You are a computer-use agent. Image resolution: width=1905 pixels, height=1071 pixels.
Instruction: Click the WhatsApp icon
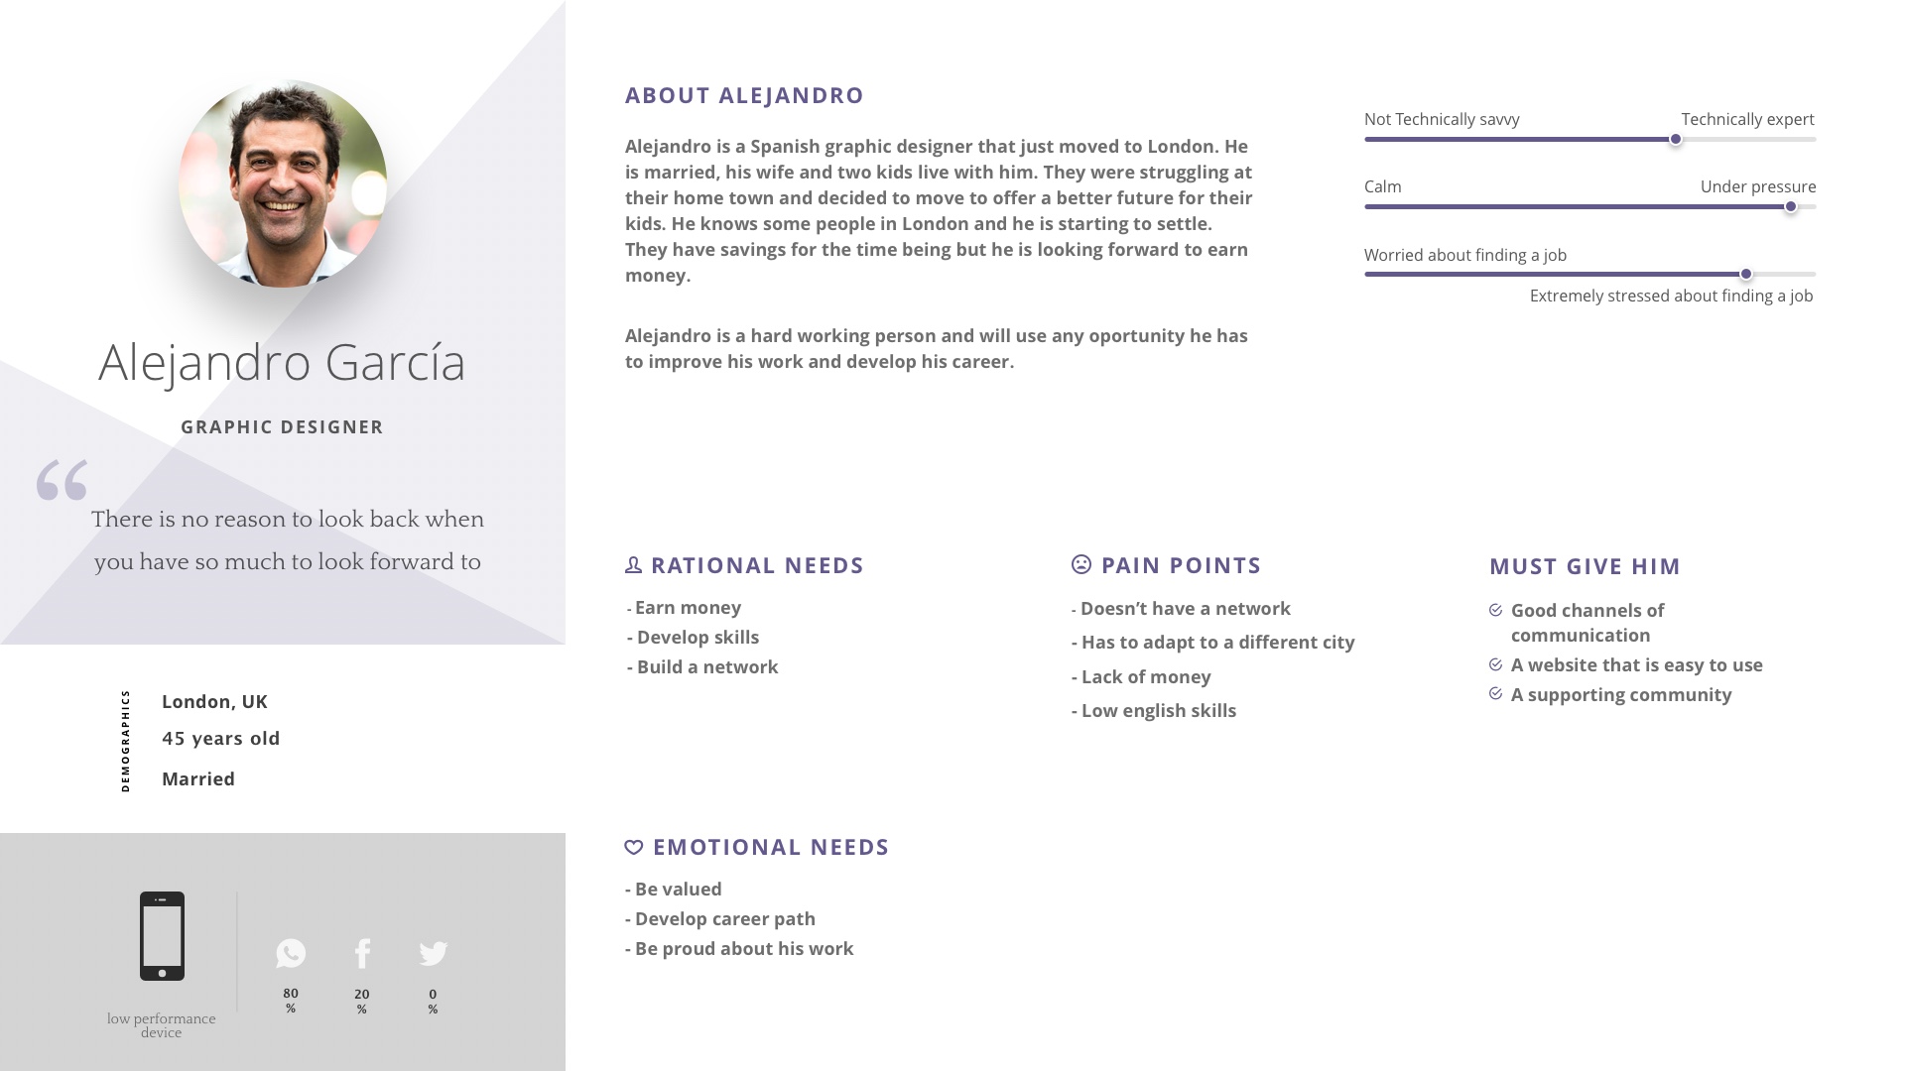point(291,953)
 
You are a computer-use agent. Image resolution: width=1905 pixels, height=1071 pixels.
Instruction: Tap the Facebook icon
point(362,953)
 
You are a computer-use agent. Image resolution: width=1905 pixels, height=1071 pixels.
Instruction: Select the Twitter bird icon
point(434,953)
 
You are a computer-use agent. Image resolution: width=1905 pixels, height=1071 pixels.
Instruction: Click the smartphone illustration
point(162,936)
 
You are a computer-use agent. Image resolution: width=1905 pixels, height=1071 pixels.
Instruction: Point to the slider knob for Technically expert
point(1676,140)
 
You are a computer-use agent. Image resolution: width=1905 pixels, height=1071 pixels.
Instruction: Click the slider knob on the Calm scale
point(1791,207)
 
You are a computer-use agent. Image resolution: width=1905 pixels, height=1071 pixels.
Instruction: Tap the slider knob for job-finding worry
point(1746,275)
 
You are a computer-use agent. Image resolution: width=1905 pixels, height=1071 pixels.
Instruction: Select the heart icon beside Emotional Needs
point(634,847)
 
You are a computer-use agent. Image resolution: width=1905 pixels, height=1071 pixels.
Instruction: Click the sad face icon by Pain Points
point(1081,564)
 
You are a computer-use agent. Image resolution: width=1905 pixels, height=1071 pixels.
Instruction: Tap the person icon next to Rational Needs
point(633,564)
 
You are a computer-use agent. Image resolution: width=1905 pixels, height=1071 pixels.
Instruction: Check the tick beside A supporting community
point(1496,694)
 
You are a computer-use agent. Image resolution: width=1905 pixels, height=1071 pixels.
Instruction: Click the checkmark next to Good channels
point(1496,610)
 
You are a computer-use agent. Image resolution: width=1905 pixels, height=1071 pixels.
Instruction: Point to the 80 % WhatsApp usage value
point(291,1000)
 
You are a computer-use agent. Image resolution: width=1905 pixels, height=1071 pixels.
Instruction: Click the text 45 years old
point(221,739)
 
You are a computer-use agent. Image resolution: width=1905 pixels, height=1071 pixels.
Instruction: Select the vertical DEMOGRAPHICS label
point(125,741)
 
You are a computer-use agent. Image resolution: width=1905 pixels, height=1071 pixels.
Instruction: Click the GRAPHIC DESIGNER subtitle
point(282,427)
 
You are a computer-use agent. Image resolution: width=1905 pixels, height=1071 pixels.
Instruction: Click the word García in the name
point(395,362)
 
